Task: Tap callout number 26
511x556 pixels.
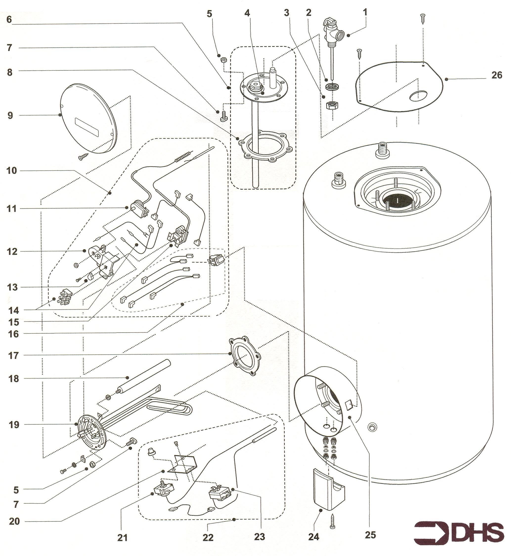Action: [497, 75]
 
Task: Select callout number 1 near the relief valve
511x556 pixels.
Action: [365, 12]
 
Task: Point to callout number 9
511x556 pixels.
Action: [10, 115]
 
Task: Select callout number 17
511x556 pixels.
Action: [13, 355]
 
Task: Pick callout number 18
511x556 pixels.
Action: [13, 379]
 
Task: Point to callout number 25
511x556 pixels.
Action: [370, 535]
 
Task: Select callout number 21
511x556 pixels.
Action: [122, 537]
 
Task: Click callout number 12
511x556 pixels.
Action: [12, 252]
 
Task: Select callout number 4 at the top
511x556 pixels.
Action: [247, 13]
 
